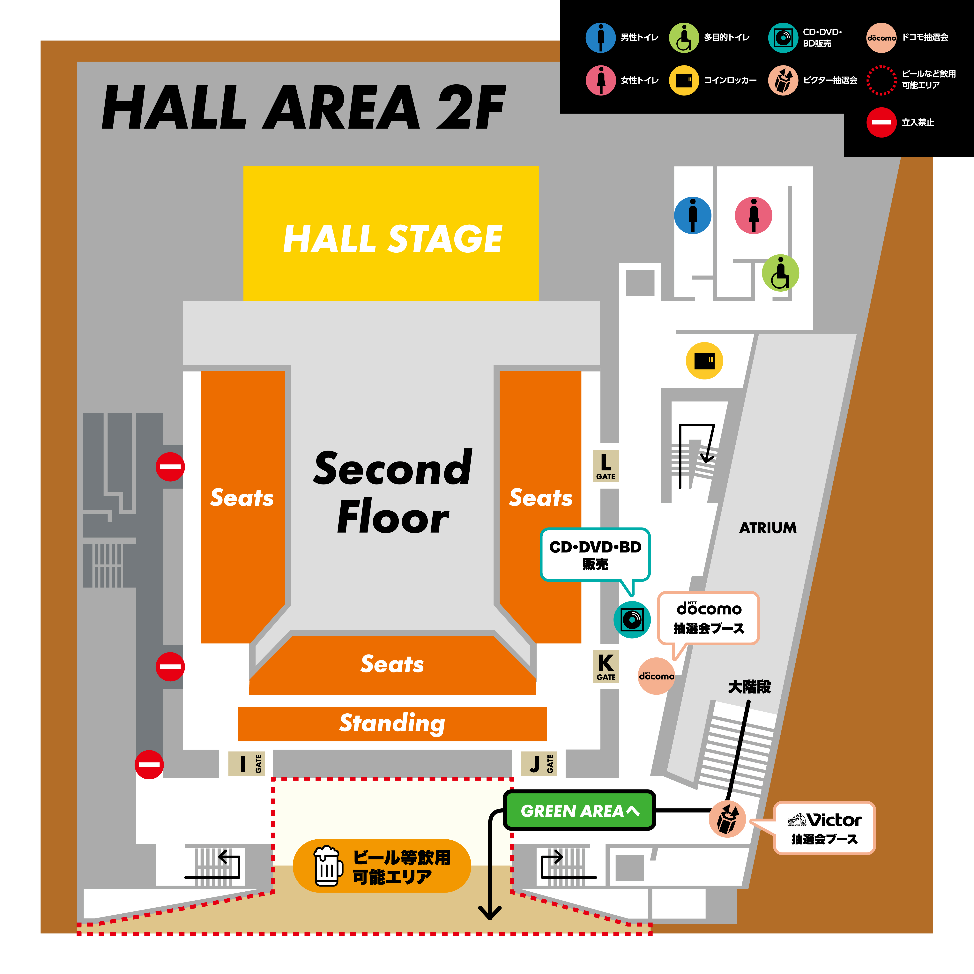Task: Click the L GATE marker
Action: [x=606, y=466]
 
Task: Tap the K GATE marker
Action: [x=606, y=666]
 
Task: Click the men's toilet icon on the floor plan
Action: [x=693, y=215]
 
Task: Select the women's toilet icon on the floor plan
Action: [x=753, y=215]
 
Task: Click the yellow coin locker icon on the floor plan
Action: [x=704, y=361]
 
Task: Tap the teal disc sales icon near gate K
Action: [x=632, y=620]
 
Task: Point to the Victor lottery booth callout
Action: [x=824, y=828]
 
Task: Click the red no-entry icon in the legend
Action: [x=881, y=122]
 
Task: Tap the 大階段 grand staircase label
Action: [x=749, y=687]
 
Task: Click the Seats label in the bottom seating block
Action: [x=392, y=664]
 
